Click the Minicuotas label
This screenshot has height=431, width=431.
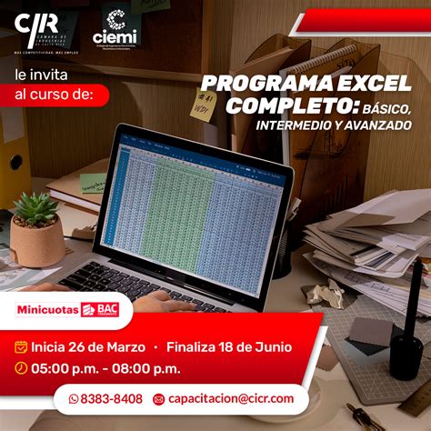47,309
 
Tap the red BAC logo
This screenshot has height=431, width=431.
102,309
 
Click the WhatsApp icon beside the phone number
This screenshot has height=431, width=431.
74,398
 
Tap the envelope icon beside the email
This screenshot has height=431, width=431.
158,399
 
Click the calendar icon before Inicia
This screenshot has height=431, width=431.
21,346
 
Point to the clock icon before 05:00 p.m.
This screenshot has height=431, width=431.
21,368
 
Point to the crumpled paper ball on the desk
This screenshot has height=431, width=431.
323,293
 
